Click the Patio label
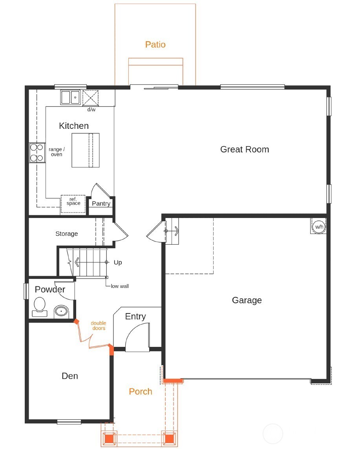tap(155, 44)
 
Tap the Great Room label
tap(245, 149)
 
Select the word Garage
tap(247, 300)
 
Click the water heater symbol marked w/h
tap(318, 227)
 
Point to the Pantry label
tap(101, 203)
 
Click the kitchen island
tap(86, 150)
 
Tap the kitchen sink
tap(70, 97)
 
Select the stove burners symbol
tap(36, 152)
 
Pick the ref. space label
tap(73, 201)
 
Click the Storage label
tap(66, 234)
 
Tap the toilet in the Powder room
tap(39, 306)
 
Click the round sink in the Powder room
tap(61, 312)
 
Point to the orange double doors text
tap(99, 326)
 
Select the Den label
tap(70, 376)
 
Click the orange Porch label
tap(141, 391)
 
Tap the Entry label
tap(135, 316)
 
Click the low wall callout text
tap(119, 286)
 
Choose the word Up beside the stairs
tap(118, 262)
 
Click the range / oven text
tap(57, 152)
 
